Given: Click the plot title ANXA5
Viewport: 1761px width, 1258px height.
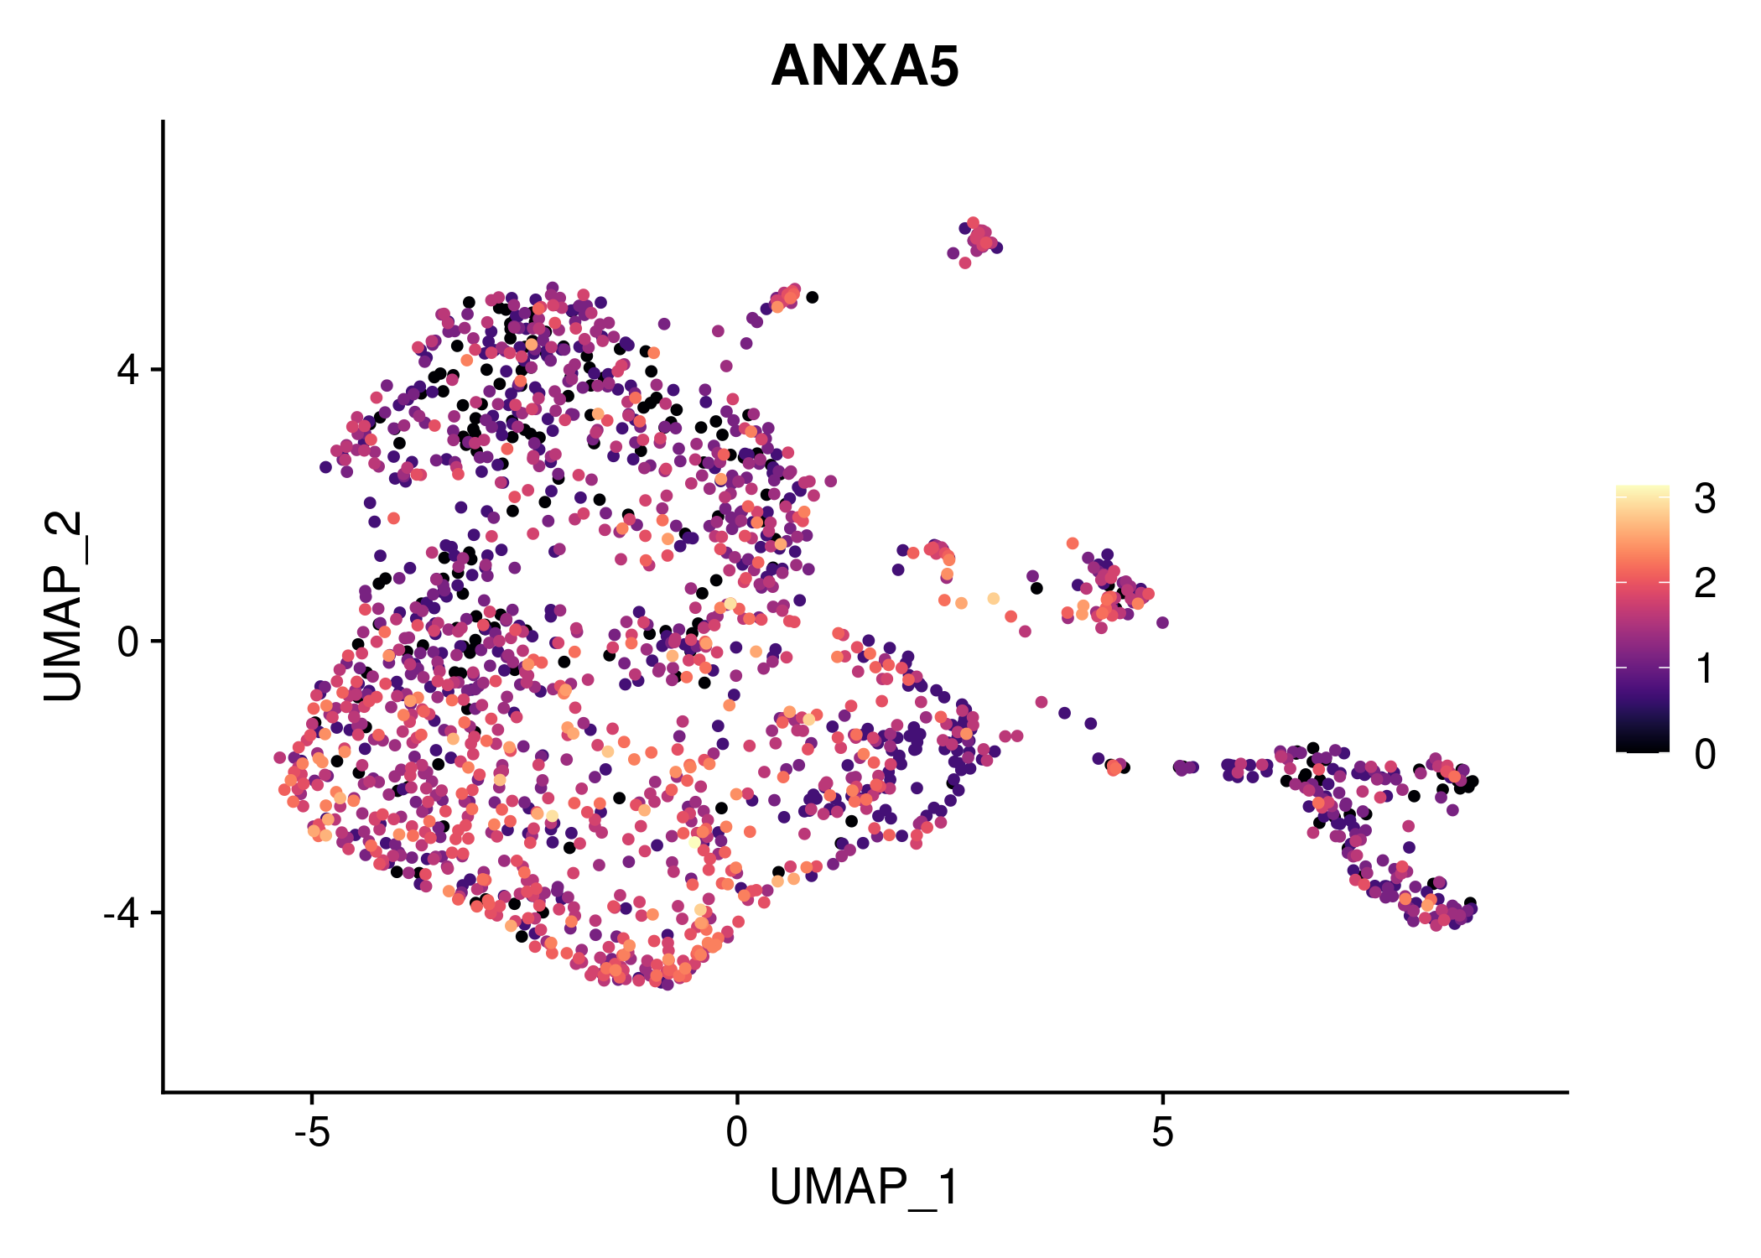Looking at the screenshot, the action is (865, 66).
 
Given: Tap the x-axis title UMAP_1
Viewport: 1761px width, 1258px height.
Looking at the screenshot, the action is (865, 1188).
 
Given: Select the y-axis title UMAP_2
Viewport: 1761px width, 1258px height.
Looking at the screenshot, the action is (64, 606).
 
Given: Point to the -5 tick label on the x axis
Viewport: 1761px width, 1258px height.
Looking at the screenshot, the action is (311, 1133).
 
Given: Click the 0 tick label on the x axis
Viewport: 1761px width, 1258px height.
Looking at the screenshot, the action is (736, 1133).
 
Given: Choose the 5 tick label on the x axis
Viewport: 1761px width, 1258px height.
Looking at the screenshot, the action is (1162, 1133).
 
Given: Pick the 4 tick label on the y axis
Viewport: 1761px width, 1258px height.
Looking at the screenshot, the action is (128, 370).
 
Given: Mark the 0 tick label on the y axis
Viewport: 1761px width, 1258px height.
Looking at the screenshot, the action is (128, 642).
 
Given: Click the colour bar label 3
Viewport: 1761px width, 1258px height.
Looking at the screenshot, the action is (1705, 499).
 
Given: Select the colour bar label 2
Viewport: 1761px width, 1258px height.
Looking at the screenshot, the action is (1705, 583).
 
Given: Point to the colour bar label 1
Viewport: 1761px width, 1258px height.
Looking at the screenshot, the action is (1705, 669).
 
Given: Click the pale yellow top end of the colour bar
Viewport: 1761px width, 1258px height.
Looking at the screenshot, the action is (1642, 490).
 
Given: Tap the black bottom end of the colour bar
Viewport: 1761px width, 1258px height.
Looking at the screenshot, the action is (1642, 746).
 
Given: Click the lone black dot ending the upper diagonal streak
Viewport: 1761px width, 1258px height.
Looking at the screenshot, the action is (812, 297).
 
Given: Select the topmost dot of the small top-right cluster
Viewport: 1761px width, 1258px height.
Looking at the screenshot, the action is (973, 223).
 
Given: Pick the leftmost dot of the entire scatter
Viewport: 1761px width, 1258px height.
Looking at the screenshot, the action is (280, 757).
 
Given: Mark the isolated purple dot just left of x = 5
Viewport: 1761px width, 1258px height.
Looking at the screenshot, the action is (1162, 622).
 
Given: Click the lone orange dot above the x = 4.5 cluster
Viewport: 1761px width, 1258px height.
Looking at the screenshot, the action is (1072, 543).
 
